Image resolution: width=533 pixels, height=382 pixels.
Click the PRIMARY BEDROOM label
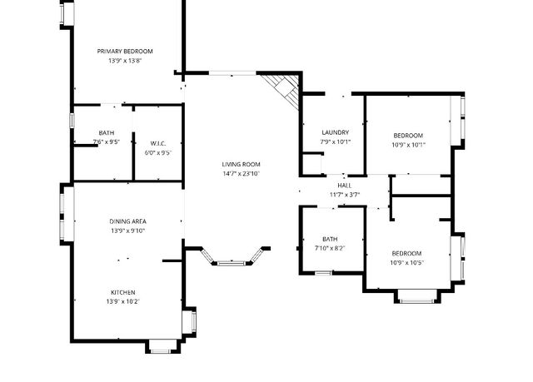pyautogui.click(x=124, y=52)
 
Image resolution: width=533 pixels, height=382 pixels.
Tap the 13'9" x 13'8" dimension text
pyautogui.click(x=124, y=61)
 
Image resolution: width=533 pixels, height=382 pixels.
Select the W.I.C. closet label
pyautogui.click(x=158, y=143)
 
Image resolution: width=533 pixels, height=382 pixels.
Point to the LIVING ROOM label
pyautogui.click(x=241, y=164)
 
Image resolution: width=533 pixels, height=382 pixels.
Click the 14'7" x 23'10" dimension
pyautogui.click(x=241, y=174)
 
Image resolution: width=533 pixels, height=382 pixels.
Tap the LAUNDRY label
pyautogui.click(x=335, y=132)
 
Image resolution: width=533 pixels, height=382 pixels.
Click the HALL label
pyautogui.click(x=343, y=185)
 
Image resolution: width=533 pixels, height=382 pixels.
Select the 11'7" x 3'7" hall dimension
pyautogui.click(x=343, y=194)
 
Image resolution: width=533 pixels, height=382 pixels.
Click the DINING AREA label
pyautogui.click(x=127, y=221)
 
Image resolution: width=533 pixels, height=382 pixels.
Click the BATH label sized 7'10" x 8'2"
pyautogui.click(x=330, y=239)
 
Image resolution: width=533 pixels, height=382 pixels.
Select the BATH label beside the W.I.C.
pyautogui.click(x=107, y=133)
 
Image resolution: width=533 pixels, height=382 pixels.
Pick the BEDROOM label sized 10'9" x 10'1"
pyautogui.click(x=408, y=136)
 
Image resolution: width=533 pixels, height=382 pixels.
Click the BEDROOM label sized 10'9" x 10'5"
pyautogui.click(x=406, y=253)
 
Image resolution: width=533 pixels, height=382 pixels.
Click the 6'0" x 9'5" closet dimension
pyautogui.click(x=158, y=152)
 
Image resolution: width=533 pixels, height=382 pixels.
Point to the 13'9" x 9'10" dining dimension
pyautogui.click(x=127, y=231)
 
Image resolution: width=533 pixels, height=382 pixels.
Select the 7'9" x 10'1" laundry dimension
pyautogui.click(x=335, y=141)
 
